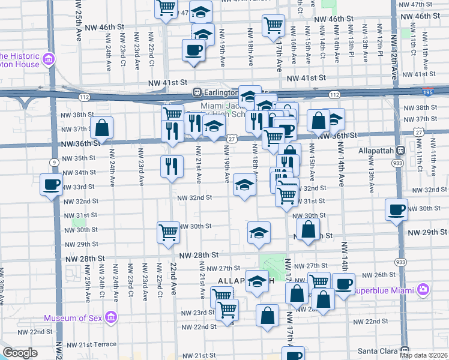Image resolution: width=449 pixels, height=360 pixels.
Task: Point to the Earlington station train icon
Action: [196, 92]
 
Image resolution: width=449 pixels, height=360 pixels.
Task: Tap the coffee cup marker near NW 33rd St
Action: [50, 184]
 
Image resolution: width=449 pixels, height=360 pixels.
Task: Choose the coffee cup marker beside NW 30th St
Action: [397, 209]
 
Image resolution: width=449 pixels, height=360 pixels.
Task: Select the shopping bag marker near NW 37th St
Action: [103, 127]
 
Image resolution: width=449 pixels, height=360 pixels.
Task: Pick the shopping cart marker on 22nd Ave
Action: [168, 232]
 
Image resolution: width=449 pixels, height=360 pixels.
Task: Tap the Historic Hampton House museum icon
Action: [49, 60]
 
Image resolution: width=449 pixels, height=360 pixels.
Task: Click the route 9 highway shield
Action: [55, 162]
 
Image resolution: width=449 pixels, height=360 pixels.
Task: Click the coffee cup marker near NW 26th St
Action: [344, 284]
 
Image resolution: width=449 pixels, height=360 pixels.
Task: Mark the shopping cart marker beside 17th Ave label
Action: [273, 25]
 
